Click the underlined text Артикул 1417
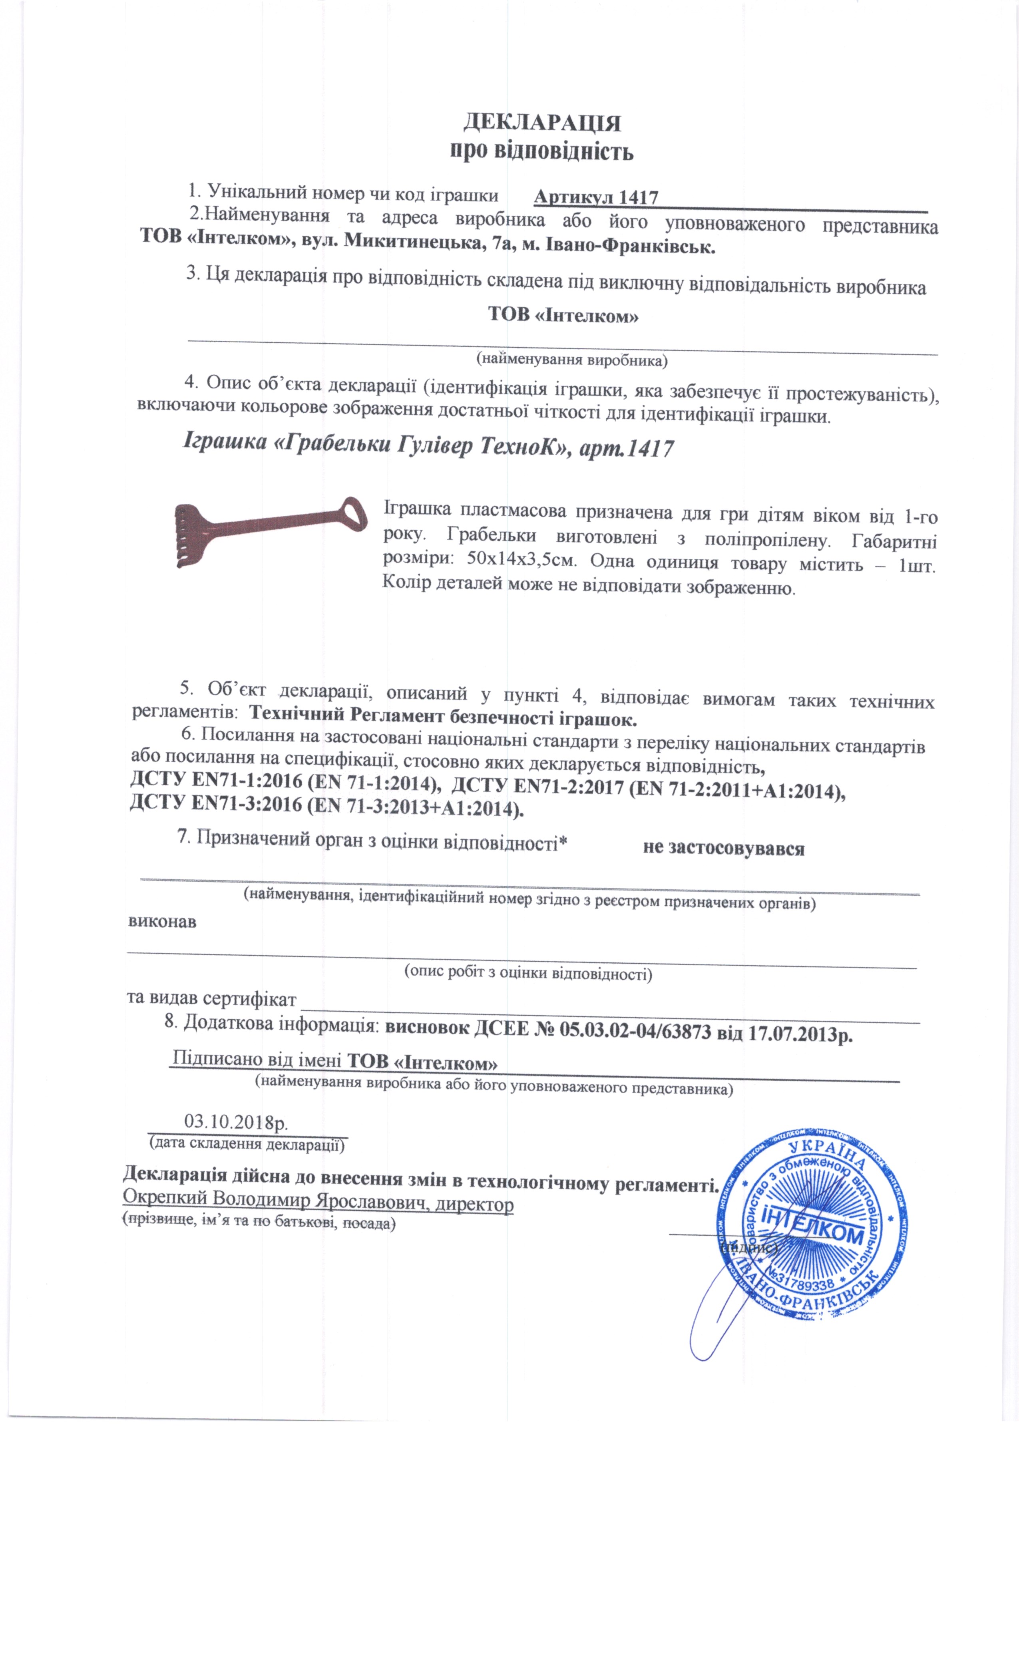click(x=595, y=197)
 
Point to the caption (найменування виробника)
click(x=571, y=359)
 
